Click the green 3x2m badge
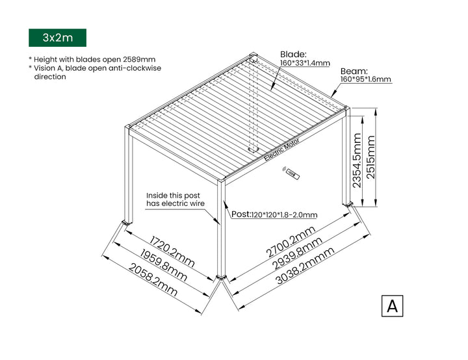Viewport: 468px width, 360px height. coord(57,38)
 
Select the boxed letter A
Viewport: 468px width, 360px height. coord(392,305)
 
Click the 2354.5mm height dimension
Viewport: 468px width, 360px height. coord(357,160)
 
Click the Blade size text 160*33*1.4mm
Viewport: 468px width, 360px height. coord(305,64)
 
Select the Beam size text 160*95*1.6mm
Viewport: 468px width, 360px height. coord(366,79)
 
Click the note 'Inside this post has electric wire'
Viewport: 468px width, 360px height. coord(175,199)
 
